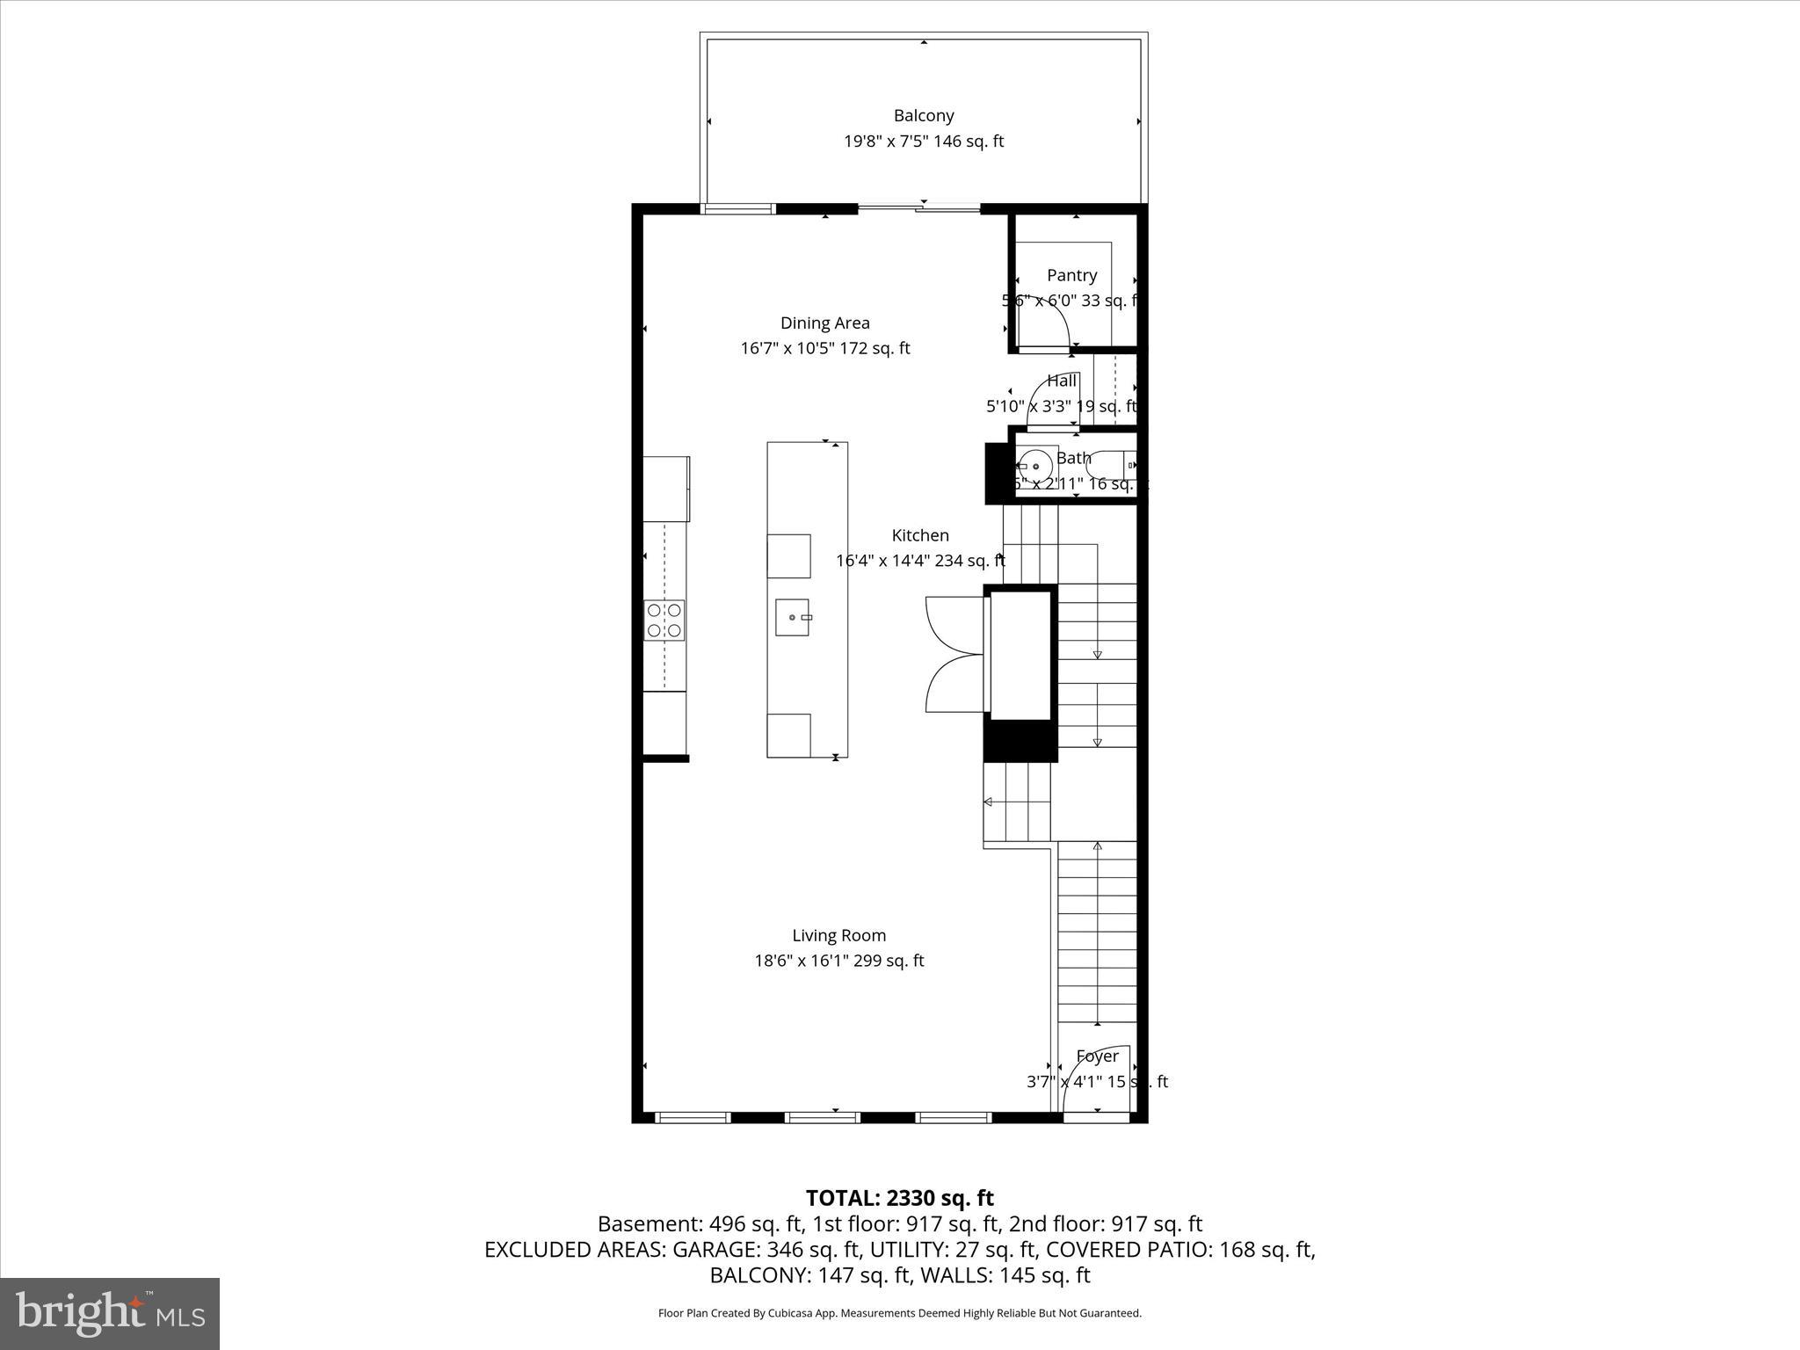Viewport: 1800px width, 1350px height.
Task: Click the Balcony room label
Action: coord(923,115)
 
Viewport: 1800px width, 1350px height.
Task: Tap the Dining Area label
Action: coord(824,323)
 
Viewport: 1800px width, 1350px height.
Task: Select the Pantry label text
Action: coord(1071,275)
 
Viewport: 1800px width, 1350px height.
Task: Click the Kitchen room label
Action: coord(919,535)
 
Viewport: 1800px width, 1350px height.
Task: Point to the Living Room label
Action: coord(838,935)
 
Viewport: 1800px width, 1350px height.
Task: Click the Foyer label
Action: coord(1097,1056)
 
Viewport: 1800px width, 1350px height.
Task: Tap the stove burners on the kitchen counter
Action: coord(664,620)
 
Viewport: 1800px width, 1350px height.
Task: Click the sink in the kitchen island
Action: coord(793,617)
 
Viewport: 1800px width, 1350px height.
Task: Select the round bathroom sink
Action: coord(1036,467)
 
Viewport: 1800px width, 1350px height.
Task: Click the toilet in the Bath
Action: coord(1113,465)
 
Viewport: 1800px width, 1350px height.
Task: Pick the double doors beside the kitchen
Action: coord(954,655)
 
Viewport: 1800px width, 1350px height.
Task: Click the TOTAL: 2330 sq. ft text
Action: coord(899,1198)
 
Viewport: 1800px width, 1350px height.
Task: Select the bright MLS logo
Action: coord(110,1313)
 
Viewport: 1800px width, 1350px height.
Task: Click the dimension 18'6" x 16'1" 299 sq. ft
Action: coord(838,961)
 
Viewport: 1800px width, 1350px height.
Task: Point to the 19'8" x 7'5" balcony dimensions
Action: coord(923,141)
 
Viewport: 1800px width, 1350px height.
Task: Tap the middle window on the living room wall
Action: coord(822,1118)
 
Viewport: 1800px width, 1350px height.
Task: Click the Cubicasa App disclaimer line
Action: coord(899,1313)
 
